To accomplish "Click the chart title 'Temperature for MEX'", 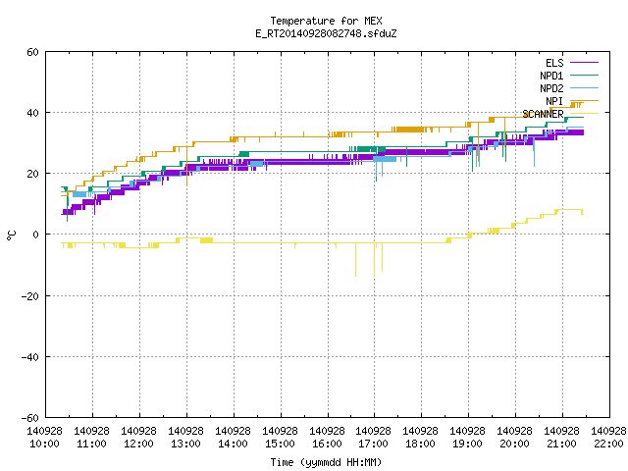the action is [x=326, y=21].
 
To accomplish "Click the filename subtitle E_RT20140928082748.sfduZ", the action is [x=326, y=33].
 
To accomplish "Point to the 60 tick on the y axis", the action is [x=32, y=52].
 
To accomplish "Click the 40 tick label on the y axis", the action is [x=32, y=113].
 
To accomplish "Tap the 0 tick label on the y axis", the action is [x=36, y=235].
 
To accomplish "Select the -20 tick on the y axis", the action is [x=30, y=296].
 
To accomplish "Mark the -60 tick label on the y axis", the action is [x=30, y=418].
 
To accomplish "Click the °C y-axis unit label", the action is [x=11, y=235].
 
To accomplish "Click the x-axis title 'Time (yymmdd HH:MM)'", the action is [x=326, y=462].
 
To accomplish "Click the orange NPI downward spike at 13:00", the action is [x=187, y=166].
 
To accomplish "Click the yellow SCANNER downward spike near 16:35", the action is [x=355, y=259].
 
